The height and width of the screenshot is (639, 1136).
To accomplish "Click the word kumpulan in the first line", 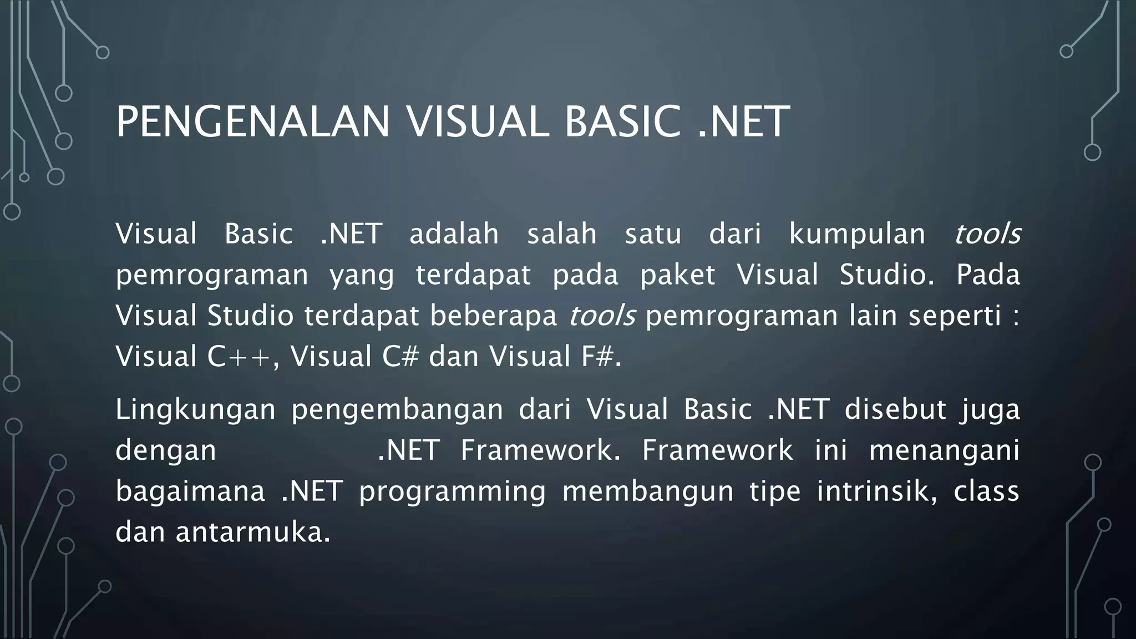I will tap(857, 234).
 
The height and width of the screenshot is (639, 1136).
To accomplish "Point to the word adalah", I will tap(454, 234).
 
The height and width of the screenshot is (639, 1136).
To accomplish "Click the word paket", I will tap(678, 275).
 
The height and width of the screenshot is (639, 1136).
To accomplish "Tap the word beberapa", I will tap(493, 316).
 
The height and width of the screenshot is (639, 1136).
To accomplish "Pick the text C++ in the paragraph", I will tap(239, 357).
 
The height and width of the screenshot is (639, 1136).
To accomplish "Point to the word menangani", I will tap(944, 450).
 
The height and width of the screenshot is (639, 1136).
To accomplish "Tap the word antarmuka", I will tap(252, 532).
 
